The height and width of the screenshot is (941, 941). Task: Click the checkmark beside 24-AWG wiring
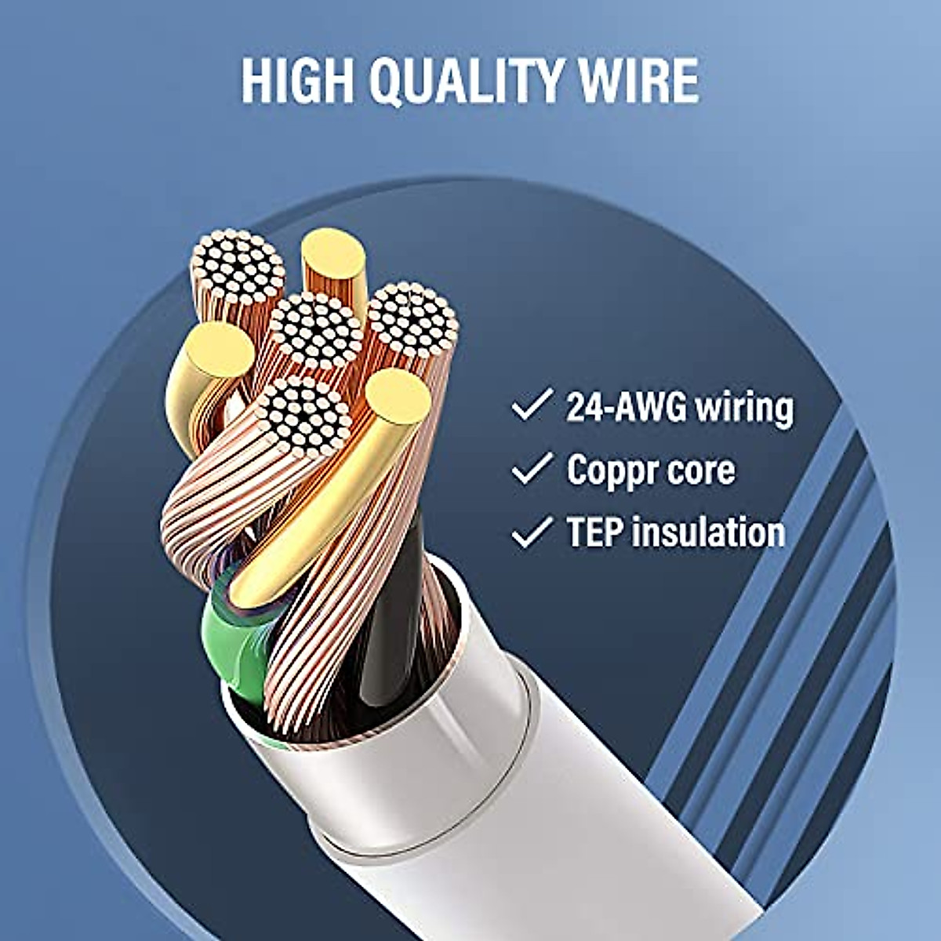click(531, 406)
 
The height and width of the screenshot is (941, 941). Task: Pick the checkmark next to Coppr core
click(531, 469)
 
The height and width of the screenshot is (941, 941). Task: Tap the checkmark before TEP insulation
click(531, 532)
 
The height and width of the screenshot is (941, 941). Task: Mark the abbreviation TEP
click(594, 532)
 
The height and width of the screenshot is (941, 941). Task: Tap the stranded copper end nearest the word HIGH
click(238, 267)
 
